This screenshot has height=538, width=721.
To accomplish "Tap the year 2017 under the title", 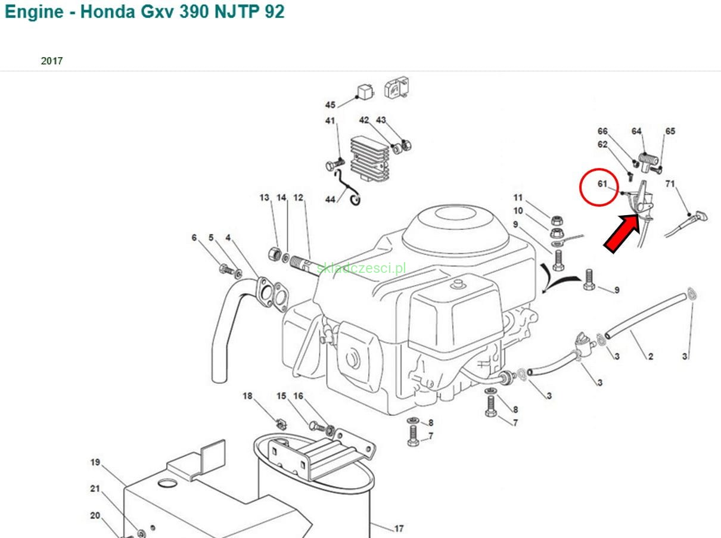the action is click(52, 61).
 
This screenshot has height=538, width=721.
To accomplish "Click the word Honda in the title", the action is click(108, 12).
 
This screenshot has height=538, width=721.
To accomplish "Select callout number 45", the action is click(330, 105).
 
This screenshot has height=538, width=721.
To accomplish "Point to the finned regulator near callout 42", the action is click(369, 159).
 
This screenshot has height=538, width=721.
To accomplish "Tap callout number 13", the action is click(264, 197).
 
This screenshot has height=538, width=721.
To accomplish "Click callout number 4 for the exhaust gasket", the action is click(228, 237).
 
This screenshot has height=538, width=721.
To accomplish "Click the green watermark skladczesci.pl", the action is click(361, 268).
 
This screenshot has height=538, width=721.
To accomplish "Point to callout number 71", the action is click(670, 184).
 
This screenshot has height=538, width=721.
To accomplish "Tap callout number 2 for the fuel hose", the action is click(650, 356).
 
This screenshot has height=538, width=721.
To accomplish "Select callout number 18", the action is click(247, 396).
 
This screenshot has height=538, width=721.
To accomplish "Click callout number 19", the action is click(95, 462).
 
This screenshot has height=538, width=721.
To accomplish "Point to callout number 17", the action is click(399, 528).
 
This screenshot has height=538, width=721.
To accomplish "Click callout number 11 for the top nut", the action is click(518, 197).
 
